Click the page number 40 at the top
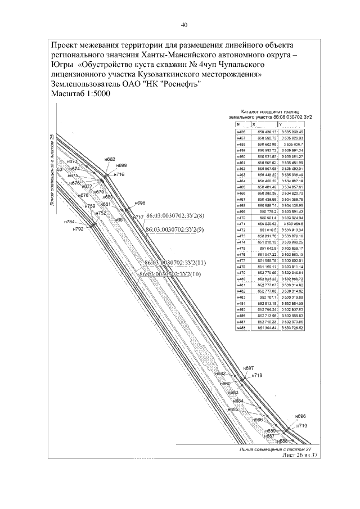184,25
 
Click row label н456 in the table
241,131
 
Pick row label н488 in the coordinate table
241,328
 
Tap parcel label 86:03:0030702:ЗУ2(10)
170,274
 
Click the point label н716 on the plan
119,175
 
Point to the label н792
78,229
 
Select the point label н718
257,375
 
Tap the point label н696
300,416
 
